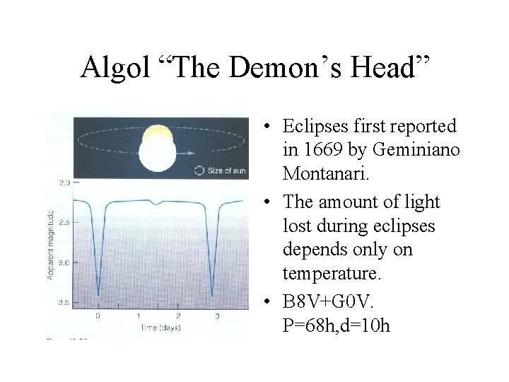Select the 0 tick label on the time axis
pos(98,316)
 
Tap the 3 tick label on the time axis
pos(217,316)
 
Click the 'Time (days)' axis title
pos(158,328)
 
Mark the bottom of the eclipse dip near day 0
pos(98,296)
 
